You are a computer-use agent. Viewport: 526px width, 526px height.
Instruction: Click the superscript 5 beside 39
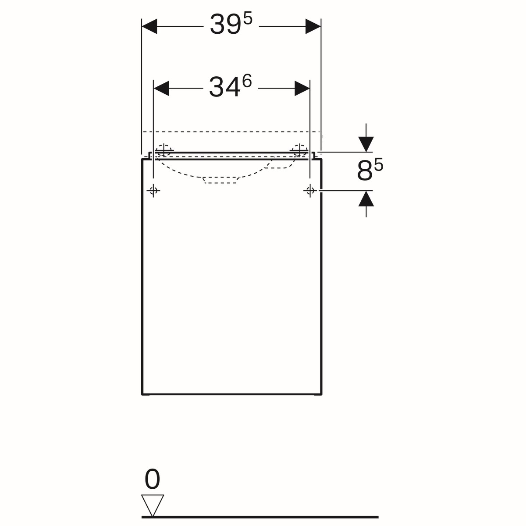coord(247,20)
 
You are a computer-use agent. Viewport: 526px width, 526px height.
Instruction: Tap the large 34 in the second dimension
coord(224,87)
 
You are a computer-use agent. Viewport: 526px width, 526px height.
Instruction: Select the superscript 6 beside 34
coord(246,82)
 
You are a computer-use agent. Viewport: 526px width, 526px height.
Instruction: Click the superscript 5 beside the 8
coord(379,165)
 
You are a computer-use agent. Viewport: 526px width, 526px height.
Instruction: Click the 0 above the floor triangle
coord(152,479)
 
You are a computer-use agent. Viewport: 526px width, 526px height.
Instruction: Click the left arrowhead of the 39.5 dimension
coord(149,26)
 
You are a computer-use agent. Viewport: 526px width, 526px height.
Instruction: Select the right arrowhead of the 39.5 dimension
coord(313,26)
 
